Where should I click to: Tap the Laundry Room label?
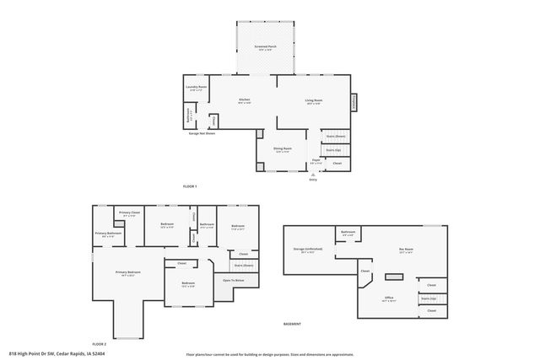point(196,87)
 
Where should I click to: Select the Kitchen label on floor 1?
point(244,100)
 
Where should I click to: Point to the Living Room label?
point(314,101)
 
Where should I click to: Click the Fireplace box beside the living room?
point(354,101)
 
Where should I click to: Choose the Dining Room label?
point(282,148)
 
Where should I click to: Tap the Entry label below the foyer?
point(313,179)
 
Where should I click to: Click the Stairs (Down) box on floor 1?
point(336,136)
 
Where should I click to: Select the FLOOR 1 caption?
point(189,185)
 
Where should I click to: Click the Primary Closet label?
point(129,213)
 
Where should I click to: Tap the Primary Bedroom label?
point(129,273)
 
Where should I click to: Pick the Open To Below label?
point(234,280)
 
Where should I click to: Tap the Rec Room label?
point(406,250)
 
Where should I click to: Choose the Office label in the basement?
point(390,298)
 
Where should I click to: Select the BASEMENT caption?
point(292,324)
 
